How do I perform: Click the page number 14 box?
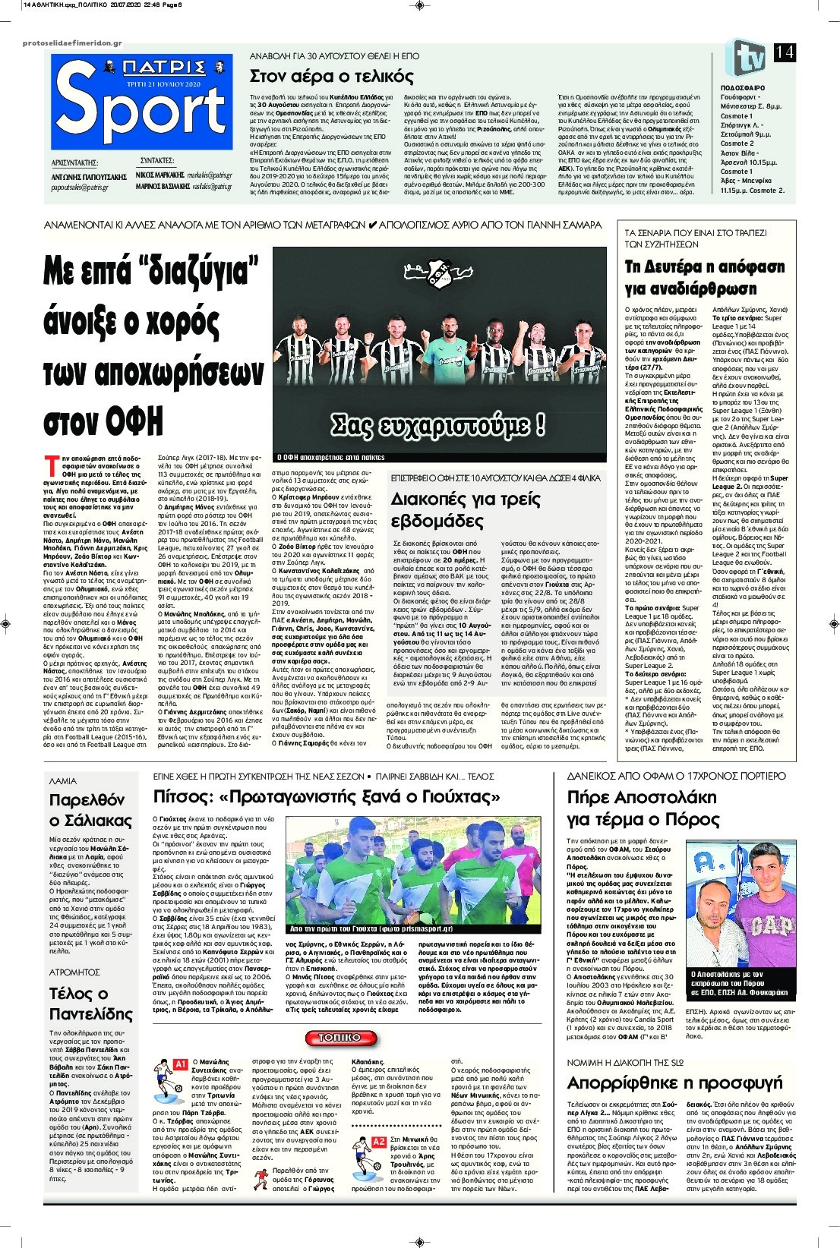coord(785,52)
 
